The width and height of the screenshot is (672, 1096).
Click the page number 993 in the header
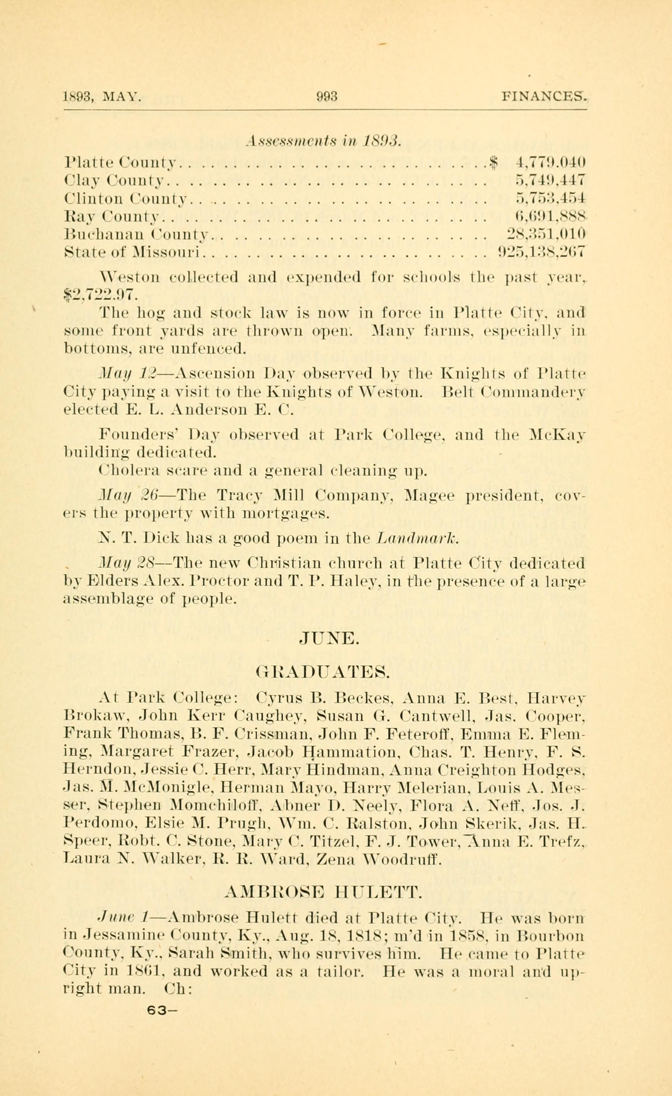(x=327, y=96)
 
